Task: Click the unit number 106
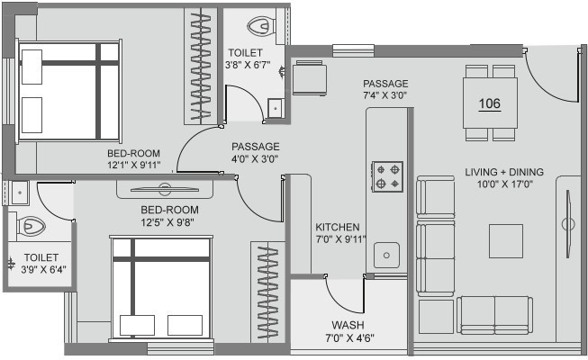490,103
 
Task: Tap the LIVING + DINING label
504,172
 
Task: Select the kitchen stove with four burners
387,176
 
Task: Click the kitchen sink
386,255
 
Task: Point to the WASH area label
348,325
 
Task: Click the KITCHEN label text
337,227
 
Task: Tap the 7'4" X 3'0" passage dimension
385,95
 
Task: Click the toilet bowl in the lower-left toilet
32,226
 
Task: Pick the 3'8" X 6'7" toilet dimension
248,65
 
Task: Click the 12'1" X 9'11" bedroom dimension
133,165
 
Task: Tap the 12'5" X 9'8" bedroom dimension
167,222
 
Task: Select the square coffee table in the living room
506,241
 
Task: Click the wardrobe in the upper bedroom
201,67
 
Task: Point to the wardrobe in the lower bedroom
267,292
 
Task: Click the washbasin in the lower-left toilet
19,193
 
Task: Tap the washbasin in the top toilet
276,108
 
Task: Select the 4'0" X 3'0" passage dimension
255,159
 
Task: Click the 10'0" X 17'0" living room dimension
505,184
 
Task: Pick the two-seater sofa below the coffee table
494,315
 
